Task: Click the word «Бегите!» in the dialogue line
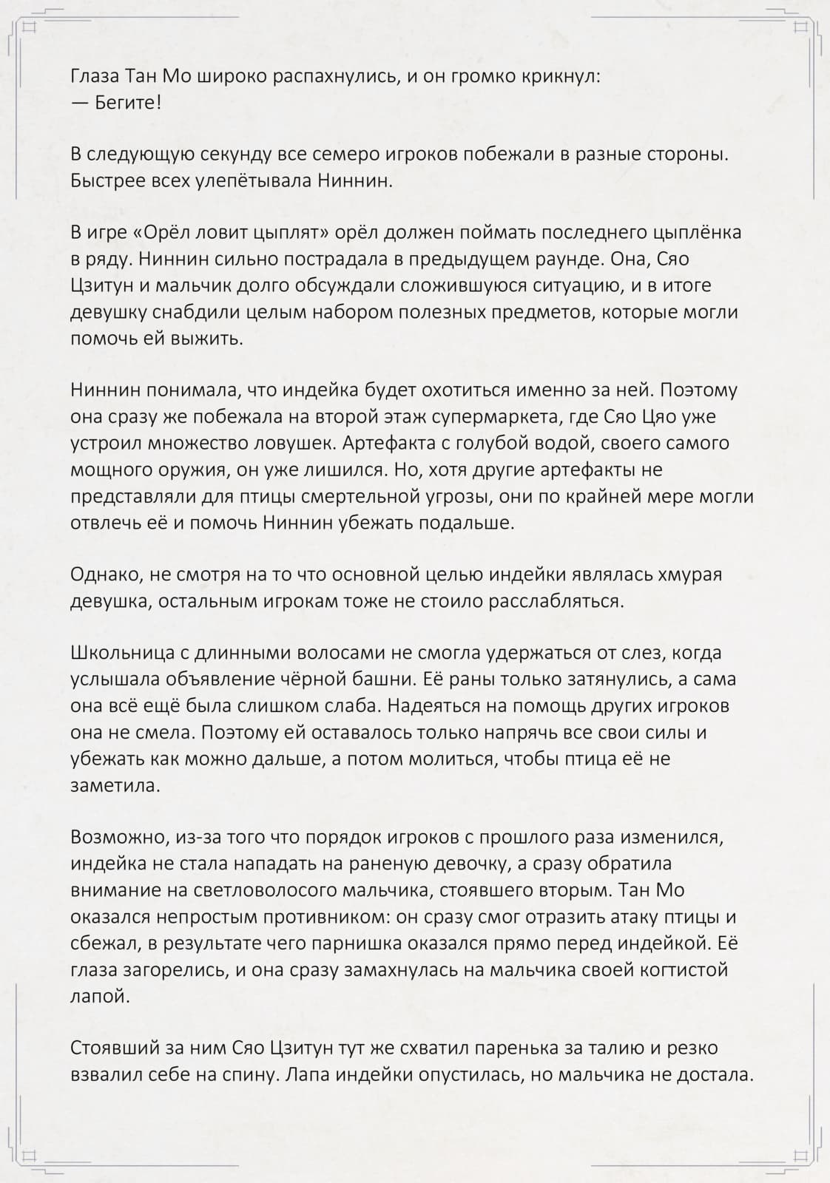(x=128, y=102)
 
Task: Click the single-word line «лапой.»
(x=100, y=995)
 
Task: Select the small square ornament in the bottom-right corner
(x=801, y=1156)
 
